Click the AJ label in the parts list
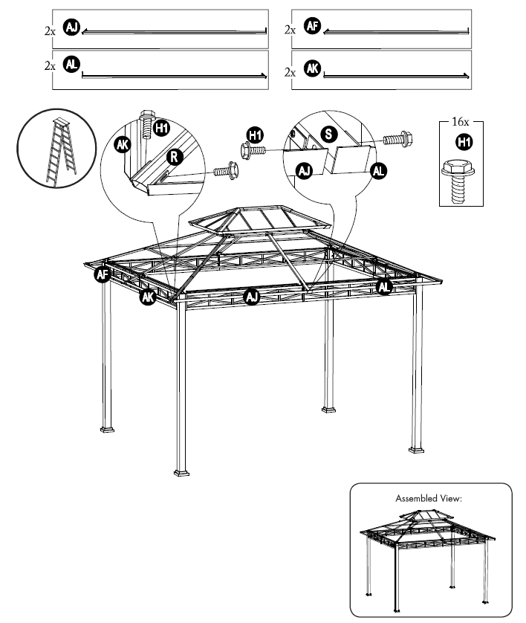[x=71, y=28]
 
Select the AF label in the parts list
[x=311, y=28]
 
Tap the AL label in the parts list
[x=71, y=65]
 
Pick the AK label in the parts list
[x=312, y=69]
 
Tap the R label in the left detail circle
[x=173, y=157]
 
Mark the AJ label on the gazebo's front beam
[x=251, y=297]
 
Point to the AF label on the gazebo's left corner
[x=102, y=276]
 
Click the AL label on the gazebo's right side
[x=384, y=286]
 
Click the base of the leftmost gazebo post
[x=108, y=429]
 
